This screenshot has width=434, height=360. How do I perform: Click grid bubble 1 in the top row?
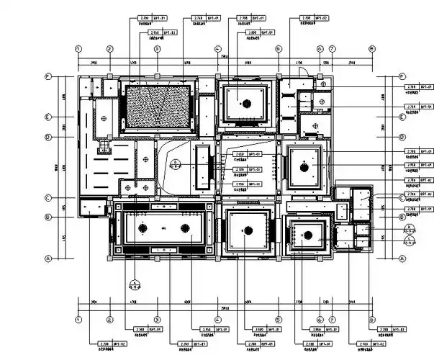(x=78, y=49)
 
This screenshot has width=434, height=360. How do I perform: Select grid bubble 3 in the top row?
(x=157, y=49)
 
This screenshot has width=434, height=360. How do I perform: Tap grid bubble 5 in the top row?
(x=278, y=49)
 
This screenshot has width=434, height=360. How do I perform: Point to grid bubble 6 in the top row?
(x=320, y=49)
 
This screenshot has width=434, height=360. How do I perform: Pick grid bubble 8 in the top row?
(x=371, y=49)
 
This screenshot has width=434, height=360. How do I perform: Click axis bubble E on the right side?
(x=402, y=117)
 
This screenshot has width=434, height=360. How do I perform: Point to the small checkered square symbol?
(x=103, y=146)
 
